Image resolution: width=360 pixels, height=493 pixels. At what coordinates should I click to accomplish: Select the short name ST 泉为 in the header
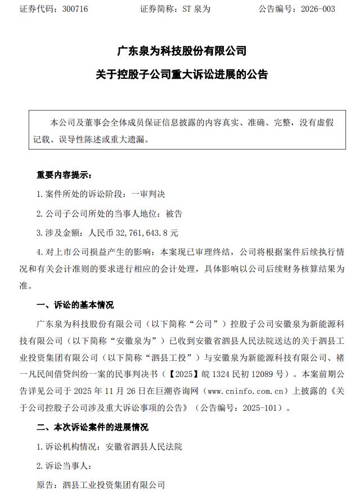tap(197, 10)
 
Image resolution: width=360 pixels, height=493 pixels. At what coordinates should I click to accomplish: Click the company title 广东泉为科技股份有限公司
tap(182, 51)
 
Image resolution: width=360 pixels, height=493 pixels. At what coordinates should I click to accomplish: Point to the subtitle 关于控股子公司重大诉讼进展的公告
tap(182, 74)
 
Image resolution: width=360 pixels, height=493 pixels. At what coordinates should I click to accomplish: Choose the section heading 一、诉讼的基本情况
tap(74, 305)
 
